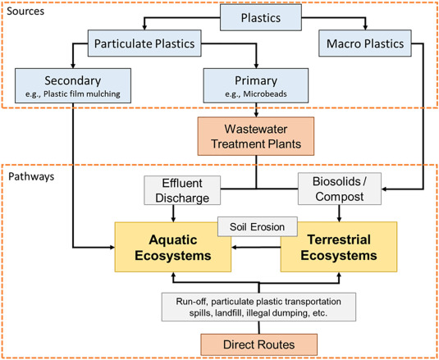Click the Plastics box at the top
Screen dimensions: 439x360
click(261, 17)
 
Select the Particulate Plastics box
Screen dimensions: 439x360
click(144, 43)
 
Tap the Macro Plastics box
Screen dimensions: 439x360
click(365, 43)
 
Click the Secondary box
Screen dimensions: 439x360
click(73, 85)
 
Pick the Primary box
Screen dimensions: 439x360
click(256, 85)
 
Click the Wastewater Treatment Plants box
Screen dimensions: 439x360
click(256, 136)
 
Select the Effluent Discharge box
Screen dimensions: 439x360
click(182, 190)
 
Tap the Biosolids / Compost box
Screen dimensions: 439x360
click(340, 189)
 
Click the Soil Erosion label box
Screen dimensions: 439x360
click(258, 226)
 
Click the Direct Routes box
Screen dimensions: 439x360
click(259, 344)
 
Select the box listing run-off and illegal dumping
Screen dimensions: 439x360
click(258, 307)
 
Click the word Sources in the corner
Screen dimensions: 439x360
click(25, 11)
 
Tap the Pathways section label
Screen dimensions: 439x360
click(31, 176)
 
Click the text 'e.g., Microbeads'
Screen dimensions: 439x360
click(256, 94)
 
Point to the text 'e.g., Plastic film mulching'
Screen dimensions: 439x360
click(73, 94)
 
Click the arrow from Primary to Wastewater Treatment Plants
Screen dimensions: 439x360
click(256, 110)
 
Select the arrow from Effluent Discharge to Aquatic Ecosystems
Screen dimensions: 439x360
click(173, 213)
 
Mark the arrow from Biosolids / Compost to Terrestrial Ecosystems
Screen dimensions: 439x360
click(340, 213)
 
